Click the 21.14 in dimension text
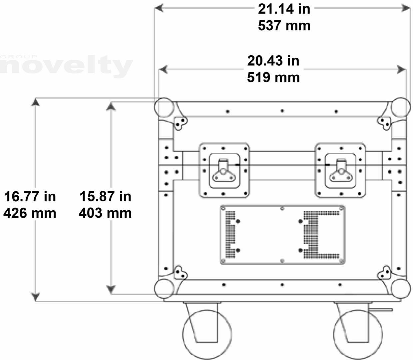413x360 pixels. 284,9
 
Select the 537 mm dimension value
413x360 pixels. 284,26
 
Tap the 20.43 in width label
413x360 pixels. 273,61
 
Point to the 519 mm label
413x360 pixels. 273,78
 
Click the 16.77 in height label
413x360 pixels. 30,197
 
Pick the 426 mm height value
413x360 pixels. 30,213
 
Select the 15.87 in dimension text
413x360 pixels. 105,196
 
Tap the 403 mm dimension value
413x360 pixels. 105,213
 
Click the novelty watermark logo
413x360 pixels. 66,66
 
